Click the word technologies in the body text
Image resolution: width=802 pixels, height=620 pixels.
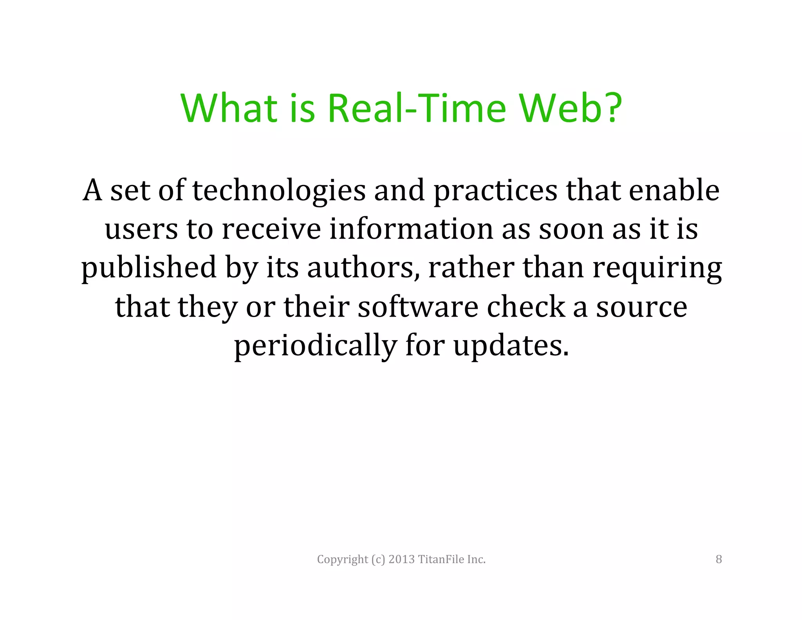[279, 191]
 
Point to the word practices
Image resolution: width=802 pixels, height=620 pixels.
[495, 191]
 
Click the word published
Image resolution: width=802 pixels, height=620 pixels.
[149, 268]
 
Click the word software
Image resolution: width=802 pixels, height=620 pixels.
[418, 307]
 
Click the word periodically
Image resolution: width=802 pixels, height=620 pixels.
[315, 346]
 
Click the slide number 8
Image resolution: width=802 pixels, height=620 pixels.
[719, 559]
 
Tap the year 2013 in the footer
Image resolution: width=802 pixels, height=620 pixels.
[401, 559]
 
